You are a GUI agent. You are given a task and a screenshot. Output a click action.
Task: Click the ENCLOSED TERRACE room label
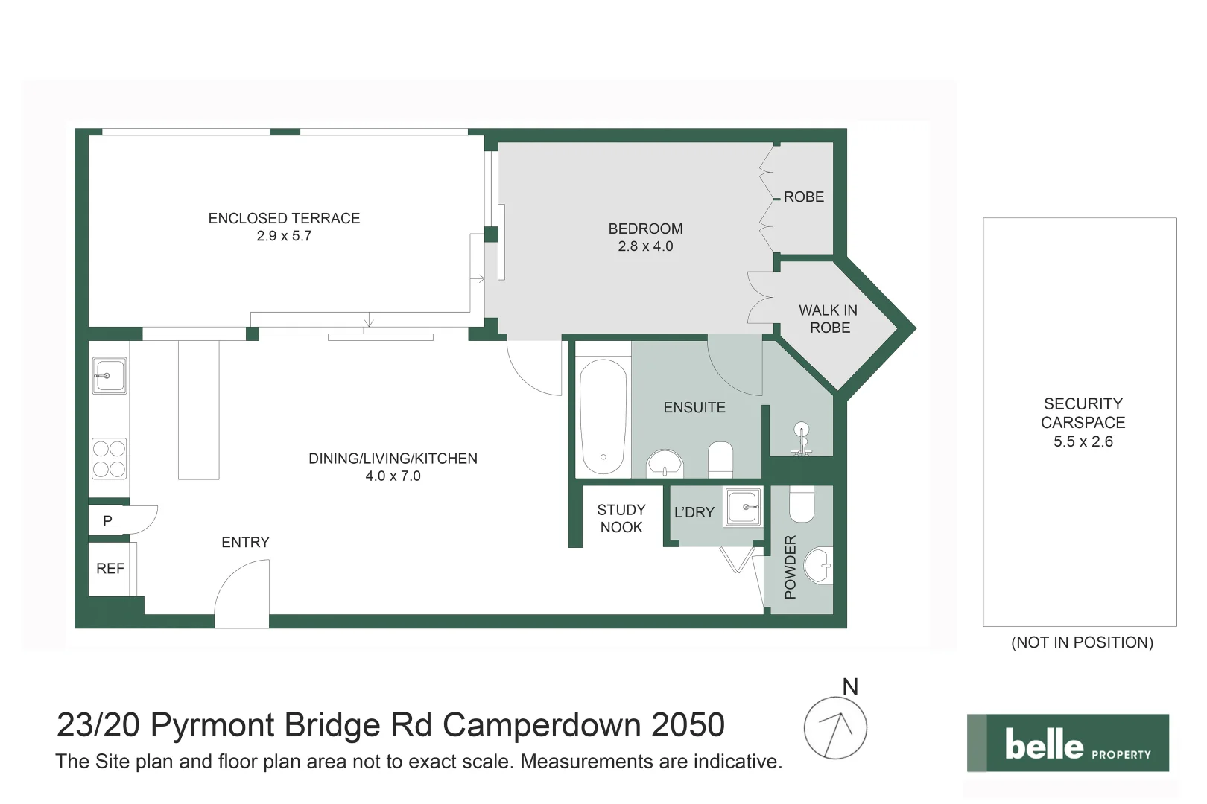(x=284, y=218)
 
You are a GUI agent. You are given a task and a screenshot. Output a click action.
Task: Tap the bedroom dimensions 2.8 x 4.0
(x=645, y=246)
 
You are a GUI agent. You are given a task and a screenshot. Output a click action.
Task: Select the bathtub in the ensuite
(x=603, y=417)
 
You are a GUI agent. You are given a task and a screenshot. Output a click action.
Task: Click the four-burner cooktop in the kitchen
(x=109, y=459)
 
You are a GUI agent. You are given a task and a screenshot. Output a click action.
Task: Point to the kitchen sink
(x=109, y=375)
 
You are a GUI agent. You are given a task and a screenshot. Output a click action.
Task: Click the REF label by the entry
(x=110, y=569)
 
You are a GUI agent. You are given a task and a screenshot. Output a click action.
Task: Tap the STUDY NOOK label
(x=621, y=519)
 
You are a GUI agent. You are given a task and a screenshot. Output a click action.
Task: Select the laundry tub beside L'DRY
(x=743, y=507)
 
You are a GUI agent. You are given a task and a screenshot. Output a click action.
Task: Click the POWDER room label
(x=791, y=567)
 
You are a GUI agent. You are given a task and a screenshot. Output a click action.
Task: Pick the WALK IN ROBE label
(x=829, y=319)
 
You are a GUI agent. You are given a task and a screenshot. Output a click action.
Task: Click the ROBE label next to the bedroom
(x=803, y=197)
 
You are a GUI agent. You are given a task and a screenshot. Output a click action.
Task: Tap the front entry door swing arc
(x=241, y=592)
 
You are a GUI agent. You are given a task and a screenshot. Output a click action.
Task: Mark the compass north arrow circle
(x=835, y=728)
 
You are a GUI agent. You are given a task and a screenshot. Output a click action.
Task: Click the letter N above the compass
(x=850, y=686)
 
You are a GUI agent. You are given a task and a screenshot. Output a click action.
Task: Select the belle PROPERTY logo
(x=1068, y=743)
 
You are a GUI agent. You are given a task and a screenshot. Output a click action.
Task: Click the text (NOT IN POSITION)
(x=1082, y=642)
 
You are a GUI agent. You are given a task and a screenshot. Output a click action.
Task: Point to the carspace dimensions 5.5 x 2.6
(x=1083, y=441)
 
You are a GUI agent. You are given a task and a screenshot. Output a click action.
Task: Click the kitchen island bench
(x=199, y=409)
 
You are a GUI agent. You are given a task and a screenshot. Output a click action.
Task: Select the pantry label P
(x=107, y=521)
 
